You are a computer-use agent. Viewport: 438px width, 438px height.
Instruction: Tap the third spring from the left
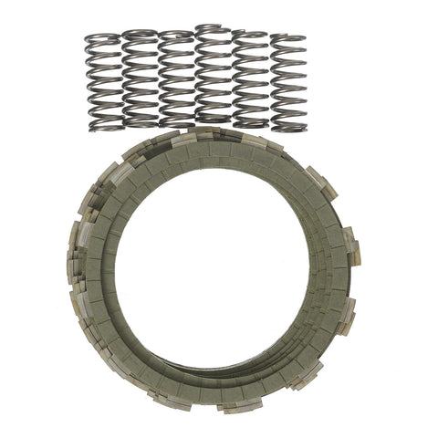tap(175, 78)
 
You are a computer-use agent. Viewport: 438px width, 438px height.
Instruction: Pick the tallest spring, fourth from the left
tap(213, 77)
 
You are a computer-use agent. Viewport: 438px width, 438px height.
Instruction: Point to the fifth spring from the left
tap(249, 78)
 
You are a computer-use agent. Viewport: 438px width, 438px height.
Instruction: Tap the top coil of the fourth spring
tap(213, 30)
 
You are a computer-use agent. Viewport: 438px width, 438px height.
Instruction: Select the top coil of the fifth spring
tap(249, 36)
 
